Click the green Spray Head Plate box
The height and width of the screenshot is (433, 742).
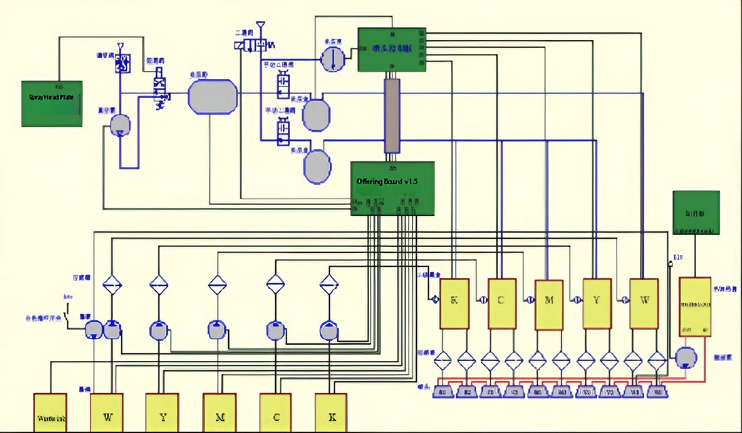coord(52,103)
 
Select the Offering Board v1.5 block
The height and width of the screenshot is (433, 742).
coord(392,188)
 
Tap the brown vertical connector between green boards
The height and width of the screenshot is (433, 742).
coord(392,116)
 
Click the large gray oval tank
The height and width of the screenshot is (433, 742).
coord(212,96)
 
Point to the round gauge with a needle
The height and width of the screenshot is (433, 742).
coord(332,59)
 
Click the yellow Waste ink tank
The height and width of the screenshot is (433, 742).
coord(50,412)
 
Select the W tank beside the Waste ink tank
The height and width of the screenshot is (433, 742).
coord(107,412)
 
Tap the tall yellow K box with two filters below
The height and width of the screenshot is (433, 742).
coord(454,304)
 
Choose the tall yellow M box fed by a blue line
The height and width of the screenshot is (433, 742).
coord(548,304)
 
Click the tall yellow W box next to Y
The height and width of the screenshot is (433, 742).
coord(644,304)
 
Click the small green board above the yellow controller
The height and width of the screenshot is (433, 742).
coord(696,212)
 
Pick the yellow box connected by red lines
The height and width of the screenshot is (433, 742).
coord(695,306)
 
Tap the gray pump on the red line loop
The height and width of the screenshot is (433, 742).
coord(685,357)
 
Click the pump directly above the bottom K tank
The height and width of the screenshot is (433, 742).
coord(329,330)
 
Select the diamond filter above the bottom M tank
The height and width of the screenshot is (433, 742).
coord(215,285)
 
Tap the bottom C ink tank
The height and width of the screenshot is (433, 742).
coord(276,412)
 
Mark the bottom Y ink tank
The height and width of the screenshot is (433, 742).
coord(163,412)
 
